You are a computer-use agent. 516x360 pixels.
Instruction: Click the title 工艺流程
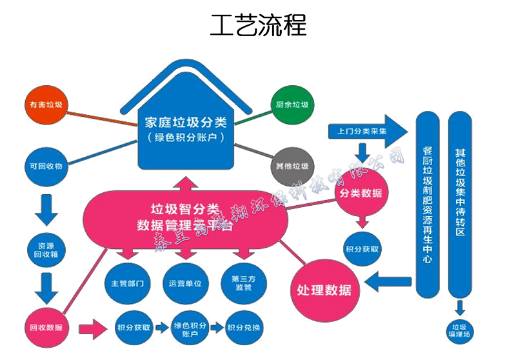[258, 26]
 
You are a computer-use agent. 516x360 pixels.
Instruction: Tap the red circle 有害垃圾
[45, 104]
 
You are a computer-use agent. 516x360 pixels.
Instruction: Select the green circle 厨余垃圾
[292, 105]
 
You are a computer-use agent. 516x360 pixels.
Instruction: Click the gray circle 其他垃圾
[292, 166]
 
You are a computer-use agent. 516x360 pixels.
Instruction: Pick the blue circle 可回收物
[45, 166]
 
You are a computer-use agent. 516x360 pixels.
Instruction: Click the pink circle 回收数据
[46, 327]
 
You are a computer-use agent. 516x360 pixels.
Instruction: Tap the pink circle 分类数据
[363, 194]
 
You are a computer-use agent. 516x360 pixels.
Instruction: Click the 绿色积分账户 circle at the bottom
[190, 328]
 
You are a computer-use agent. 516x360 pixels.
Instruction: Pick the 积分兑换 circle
[244, 328]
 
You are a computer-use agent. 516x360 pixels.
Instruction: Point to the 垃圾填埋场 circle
[461, 329]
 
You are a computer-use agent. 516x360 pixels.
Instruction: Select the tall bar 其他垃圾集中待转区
[461, 200]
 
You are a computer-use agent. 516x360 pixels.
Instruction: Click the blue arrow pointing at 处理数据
[387, 281]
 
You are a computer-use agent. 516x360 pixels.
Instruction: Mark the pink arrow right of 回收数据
[92, 328]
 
